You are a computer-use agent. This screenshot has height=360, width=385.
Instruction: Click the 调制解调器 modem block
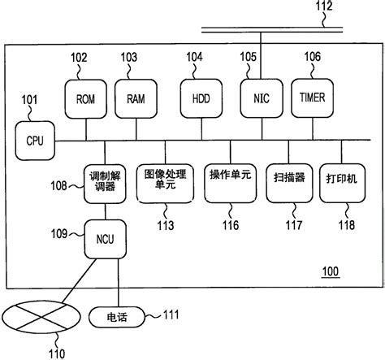105,181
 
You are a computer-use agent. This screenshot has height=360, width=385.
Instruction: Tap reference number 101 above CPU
29,102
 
